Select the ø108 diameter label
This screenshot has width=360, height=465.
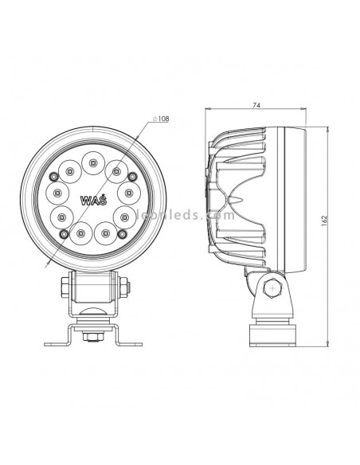161,119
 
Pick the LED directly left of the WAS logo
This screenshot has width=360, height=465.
58,191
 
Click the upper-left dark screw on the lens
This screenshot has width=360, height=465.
53,176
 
